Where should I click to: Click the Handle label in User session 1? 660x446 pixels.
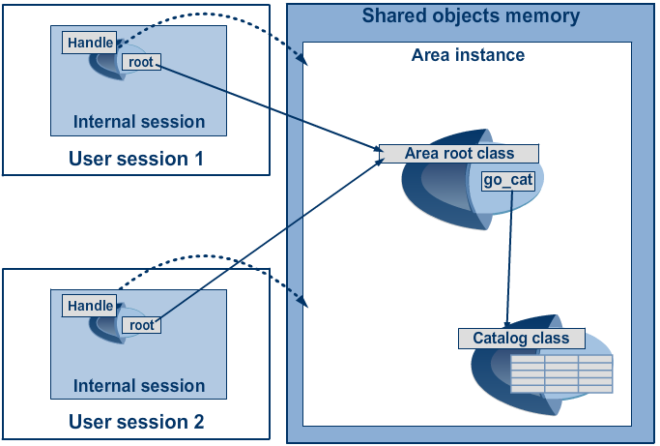(90, 43)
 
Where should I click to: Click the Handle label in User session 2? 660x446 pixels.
(90, 306)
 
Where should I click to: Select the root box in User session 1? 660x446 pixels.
(141, 62)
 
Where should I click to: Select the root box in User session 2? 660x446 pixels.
(141, 325)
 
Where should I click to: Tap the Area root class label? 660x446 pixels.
(459, 154)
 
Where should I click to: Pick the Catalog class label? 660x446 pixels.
(521, 339)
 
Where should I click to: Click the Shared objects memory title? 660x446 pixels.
(471, 16)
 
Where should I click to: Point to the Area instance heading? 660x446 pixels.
(468, 55)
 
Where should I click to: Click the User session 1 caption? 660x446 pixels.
(135, 159)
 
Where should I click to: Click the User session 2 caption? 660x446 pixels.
(135, 422)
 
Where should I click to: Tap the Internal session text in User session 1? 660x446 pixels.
(139, 122)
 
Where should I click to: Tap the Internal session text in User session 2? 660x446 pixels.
(139, 386)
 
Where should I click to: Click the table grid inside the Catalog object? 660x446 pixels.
(560, 374)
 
